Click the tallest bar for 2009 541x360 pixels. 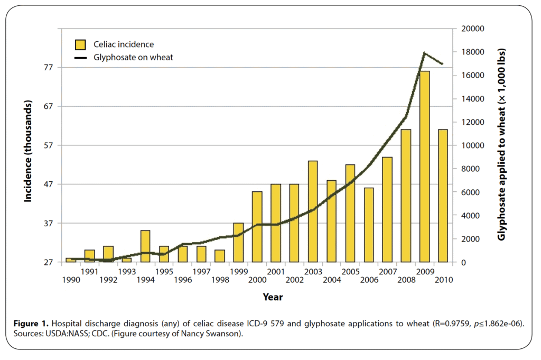click(425, 167)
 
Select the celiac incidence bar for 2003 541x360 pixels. click(313, 211)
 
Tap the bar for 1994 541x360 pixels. click(145, 246)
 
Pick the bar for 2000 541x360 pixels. click(257, 227)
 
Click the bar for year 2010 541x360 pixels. click(443, 196)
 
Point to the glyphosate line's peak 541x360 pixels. click(424, 53)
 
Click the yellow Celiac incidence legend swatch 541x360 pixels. click(80, 44)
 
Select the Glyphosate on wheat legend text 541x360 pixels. click(133, 57)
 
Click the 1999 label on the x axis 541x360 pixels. click(238, 271)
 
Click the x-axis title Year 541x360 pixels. click(273, 297)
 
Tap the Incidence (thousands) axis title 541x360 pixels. click(28, 152)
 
